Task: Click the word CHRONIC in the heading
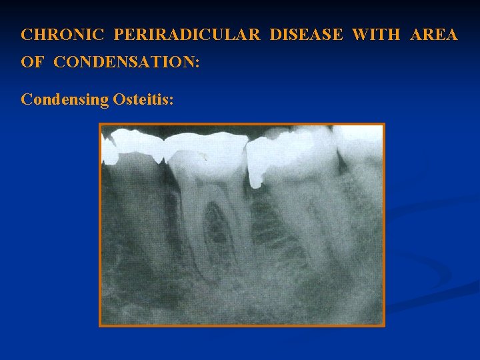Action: [x=62, y=35]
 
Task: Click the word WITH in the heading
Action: [x=377, y=35]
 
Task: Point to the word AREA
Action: [x=434, y=35]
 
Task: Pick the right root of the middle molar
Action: [x=237, y=220]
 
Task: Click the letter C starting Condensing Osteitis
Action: [x=27, y=99]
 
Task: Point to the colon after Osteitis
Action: [x=171, y=101]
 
